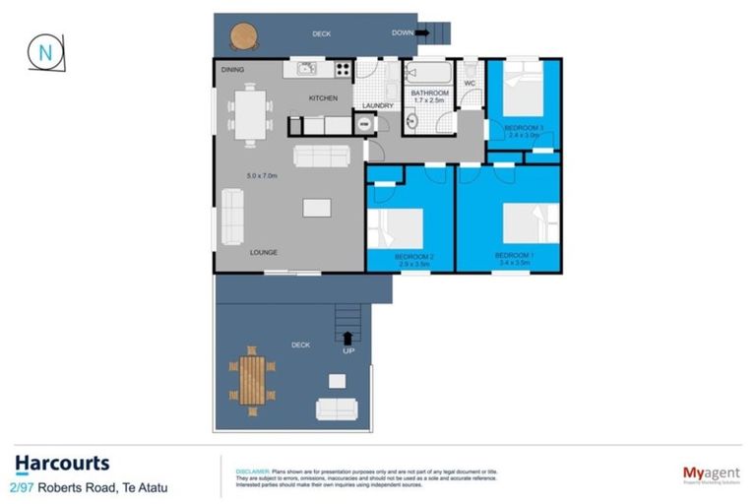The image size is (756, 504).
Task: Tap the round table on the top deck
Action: coord(243,36)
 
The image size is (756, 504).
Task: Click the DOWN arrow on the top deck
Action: coord(422,32)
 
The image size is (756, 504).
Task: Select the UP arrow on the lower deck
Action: coord(347,338)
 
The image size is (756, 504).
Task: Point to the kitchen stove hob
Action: coord(343,69)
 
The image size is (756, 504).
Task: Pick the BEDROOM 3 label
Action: coord(523,128)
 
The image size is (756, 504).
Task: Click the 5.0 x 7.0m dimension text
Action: coord(262,176)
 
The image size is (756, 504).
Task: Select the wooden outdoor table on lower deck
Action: coord(252,378)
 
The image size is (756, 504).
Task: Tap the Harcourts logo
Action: coord(62,464)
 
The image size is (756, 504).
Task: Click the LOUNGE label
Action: coord(263,252)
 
